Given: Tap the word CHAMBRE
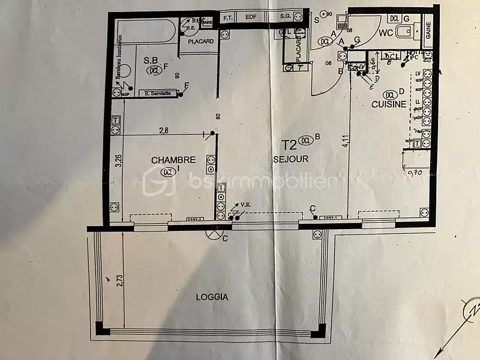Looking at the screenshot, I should pyautogui.click(x=173, y=160).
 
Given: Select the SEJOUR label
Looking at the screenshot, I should pyautogui.click(x=290, y=159).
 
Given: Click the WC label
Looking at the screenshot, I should pyautogui.click(x=385, y=34).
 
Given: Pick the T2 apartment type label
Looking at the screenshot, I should pyautogui.click(x=289, y=144).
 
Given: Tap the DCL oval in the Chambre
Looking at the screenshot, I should pyautogui.click(x=168, y=172).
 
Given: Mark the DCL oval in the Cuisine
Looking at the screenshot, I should pyautogui.click(x=391, y=95).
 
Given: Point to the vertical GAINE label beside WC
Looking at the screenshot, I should pyautogui.click(x=428, y=30).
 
